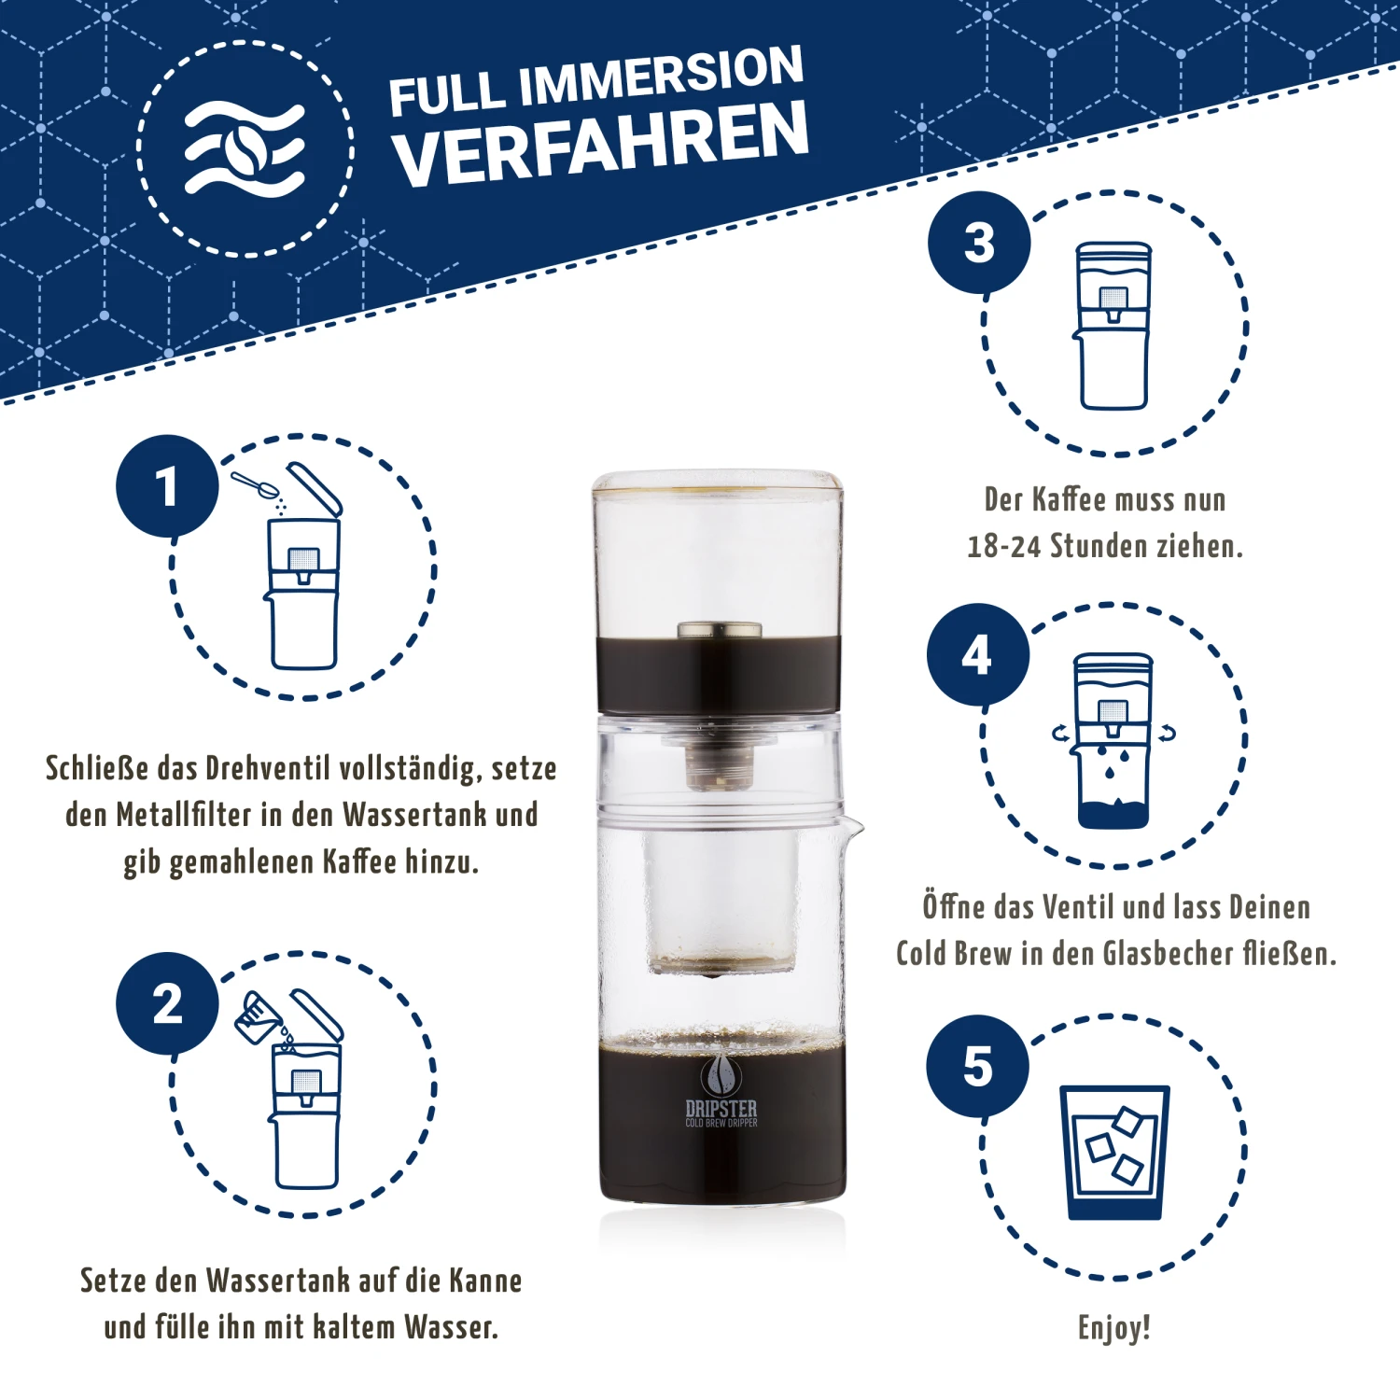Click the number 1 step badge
click(167, 486)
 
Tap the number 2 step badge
click(167, 1003)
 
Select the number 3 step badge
click(979, 243)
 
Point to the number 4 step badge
click(977, 654)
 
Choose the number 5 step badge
click(977, 1066)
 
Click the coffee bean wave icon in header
click(245, 149)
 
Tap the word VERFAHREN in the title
click(600, 143)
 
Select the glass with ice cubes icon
click(1114, 1152)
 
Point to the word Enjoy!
click(1113, 1327)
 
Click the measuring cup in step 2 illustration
click(259, 1018)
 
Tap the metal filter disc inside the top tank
click(720, 630)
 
